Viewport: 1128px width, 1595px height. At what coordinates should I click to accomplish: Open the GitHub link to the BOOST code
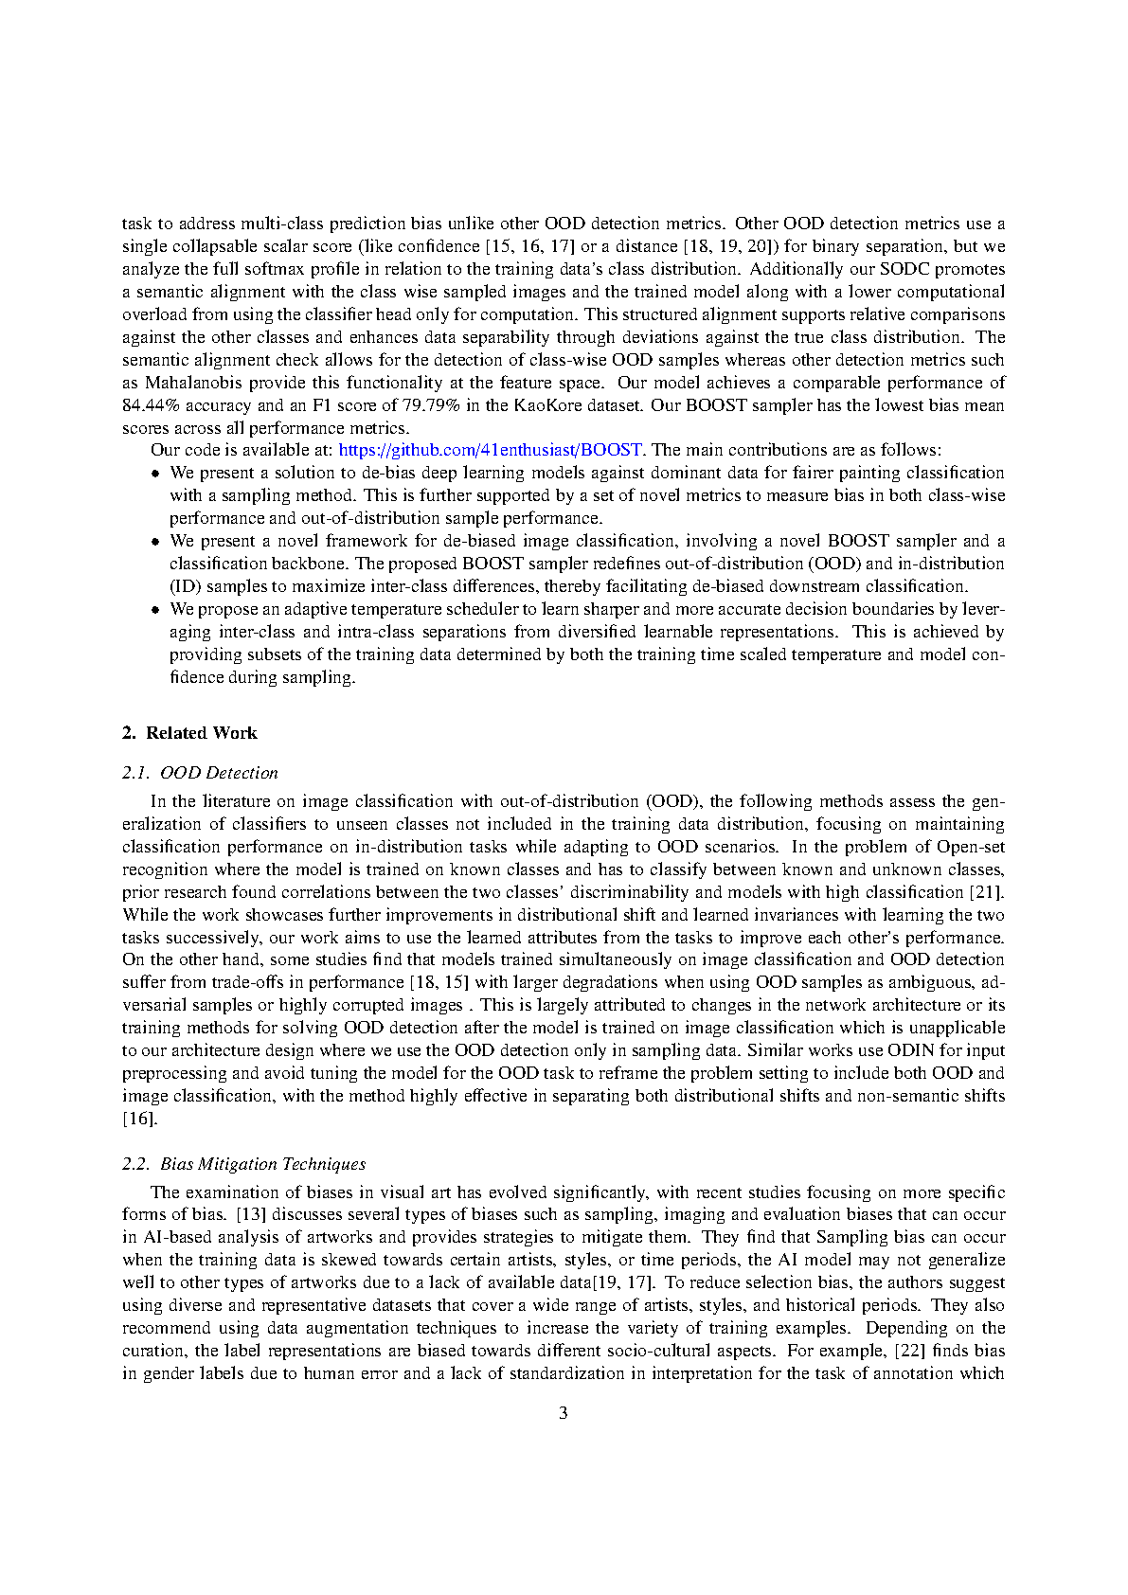click(490, 450)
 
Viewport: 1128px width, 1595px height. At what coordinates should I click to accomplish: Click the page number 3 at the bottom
click(564, 1413)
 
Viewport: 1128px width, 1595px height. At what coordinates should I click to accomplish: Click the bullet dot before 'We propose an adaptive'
click(157, 609)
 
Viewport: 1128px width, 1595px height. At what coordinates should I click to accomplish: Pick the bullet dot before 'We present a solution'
click(157, 473)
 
